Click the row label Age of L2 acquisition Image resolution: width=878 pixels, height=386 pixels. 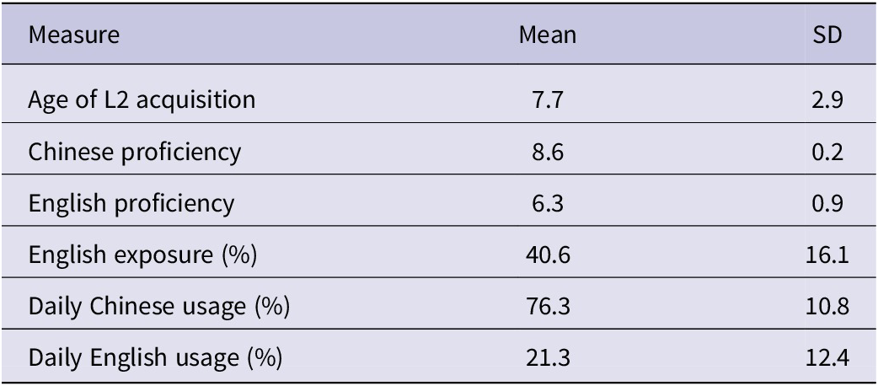coord(141,99)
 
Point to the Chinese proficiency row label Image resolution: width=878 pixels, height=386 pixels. coord(134,152)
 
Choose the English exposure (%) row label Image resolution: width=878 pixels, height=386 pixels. coord(142,255)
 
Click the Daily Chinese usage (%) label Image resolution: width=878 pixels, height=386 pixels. coord(159,307)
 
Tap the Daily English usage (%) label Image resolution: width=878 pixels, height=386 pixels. coord(154,358)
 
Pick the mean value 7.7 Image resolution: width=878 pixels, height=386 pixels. coord(548,99)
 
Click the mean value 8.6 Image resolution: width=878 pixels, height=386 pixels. coord(548,152)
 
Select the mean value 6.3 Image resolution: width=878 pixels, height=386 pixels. coord(548,203)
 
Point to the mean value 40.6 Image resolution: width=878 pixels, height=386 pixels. coord(548,255)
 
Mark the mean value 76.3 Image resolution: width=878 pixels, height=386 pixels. coord(548,307)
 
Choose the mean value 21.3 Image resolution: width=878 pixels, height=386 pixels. coord(548,358)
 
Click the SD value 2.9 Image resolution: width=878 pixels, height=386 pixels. coord(832,99)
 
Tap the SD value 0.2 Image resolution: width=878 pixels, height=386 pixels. coord(832,152)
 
